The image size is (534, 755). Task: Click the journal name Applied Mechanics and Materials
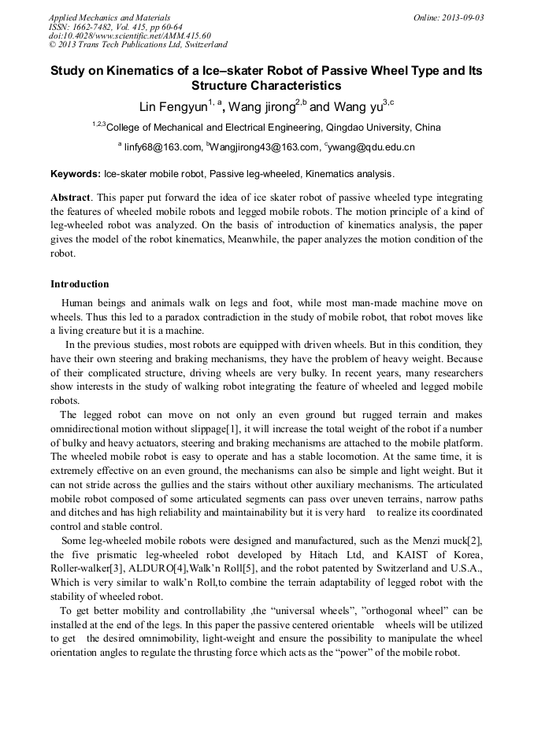pos(109,17)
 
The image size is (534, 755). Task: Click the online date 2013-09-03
pos(462,17)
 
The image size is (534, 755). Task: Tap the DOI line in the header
pos(130,36)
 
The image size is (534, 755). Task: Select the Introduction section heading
pos(80,284)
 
